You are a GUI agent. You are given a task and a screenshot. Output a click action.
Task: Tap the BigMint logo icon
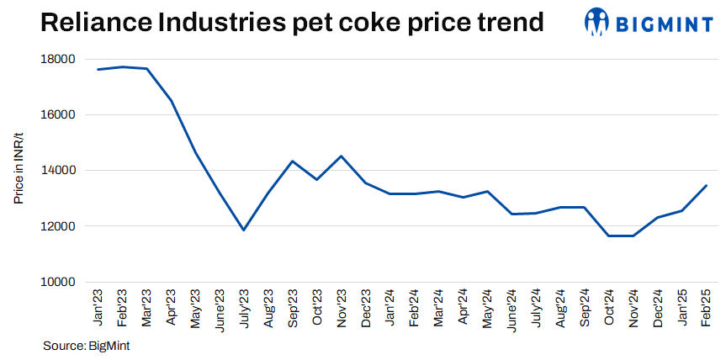[x=598, y=23]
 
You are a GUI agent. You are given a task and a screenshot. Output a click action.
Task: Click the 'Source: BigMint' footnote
[x=86, y=345]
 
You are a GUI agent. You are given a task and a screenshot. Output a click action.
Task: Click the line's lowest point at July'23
[x=244, y=230]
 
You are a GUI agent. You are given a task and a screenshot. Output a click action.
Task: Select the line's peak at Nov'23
[x=341, y=156]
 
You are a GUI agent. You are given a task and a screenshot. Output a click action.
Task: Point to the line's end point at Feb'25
[x=706, y=186]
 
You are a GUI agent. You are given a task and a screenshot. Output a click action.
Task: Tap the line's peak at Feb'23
[x=123, y=67]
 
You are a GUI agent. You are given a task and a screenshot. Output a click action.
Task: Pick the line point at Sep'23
[x=292, y=161]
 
